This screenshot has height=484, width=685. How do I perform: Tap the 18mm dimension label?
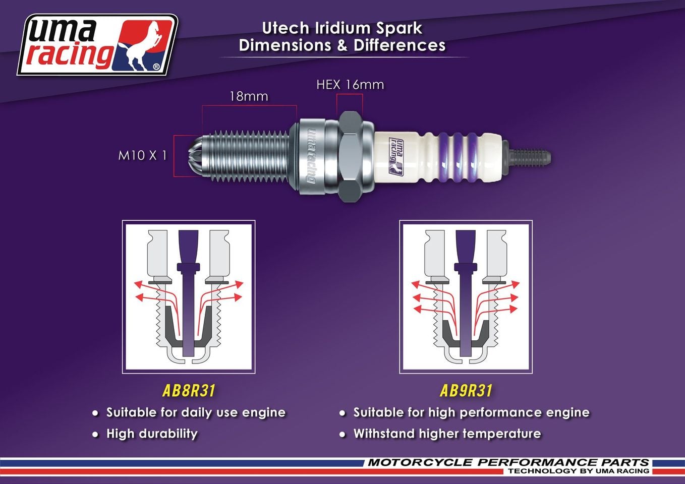pos(249,96)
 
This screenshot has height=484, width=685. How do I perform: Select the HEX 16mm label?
pos(350,85)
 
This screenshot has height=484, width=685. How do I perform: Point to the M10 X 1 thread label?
pos(142,155)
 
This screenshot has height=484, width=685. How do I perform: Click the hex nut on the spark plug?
pos(350,156)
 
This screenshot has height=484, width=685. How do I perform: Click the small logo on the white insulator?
pos(396,156)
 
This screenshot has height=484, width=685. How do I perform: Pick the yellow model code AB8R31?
pos(189,391)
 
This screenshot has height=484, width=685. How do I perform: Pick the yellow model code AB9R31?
pos(466,391)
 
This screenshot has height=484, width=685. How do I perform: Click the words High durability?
pos(152,434)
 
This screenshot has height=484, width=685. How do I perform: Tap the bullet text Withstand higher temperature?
pos(447,434)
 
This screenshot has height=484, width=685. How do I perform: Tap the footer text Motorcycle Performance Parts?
pos(508,462)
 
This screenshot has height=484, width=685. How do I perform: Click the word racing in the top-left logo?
pos(70,54)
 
